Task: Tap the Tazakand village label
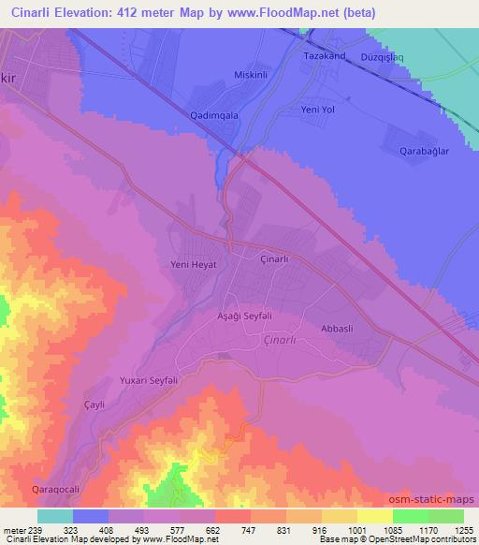(x=326, y=55)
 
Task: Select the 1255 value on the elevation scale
(x=452, y=529)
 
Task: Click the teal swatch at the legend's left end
(x=55, y=516)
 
